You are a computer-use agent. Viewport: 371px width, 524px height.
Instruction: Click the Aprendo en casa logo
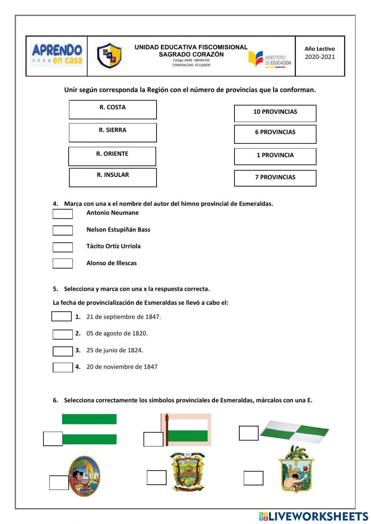click(57, 55)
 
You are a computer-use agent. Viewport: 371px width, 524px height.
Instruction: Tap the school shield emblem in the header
click(109, 56)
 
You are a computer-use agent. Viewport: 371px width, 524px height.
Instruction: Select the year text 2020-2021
click(320, 57)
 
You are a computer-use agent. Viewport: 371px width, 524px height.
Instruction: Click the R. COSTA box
click(113, 109)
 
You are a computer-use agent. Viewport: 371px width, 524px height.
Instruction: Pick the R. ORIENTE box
click(112, 156)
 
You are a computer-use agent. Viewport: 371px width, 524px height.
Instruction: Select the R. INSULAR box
click(113, 177)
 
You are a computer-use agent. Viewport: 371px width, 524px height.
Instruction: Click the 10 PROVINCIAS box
click(275, 113)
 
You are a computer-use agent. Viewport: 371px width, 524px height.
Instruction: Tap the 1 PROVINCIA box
click(275, 156)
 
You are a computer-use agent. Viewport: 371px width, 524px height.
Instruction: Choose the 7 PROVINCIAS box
click(275, 178)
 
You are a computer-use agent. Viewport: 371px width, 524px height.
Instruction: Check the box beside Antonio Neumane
click(63, 214)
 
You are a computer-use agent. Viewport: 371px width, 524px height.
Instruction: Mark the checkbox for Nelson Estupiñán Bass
click(63, 230)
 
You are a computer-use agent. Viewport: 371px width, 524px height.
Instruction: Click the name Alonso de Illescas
click(111, 263)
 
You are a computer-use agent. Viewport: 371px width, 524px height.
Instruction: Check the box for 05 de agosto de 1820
click(63, 334)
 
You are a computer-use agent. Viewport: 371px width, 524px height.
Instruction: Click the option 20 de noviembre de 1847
click(122, 367)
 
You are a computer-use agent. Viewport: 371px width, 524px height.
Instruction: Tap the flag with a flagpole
click(186, 429)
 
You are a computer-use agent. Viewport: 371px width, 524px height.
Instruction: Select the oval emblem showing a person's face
click(84, 476)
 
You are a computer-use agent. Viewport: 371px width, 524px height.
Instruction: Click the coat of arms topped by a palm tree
click(296, 469)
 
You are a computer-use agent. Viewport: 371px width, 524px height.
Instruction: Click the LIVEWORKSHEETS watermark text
click(314, 516)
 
